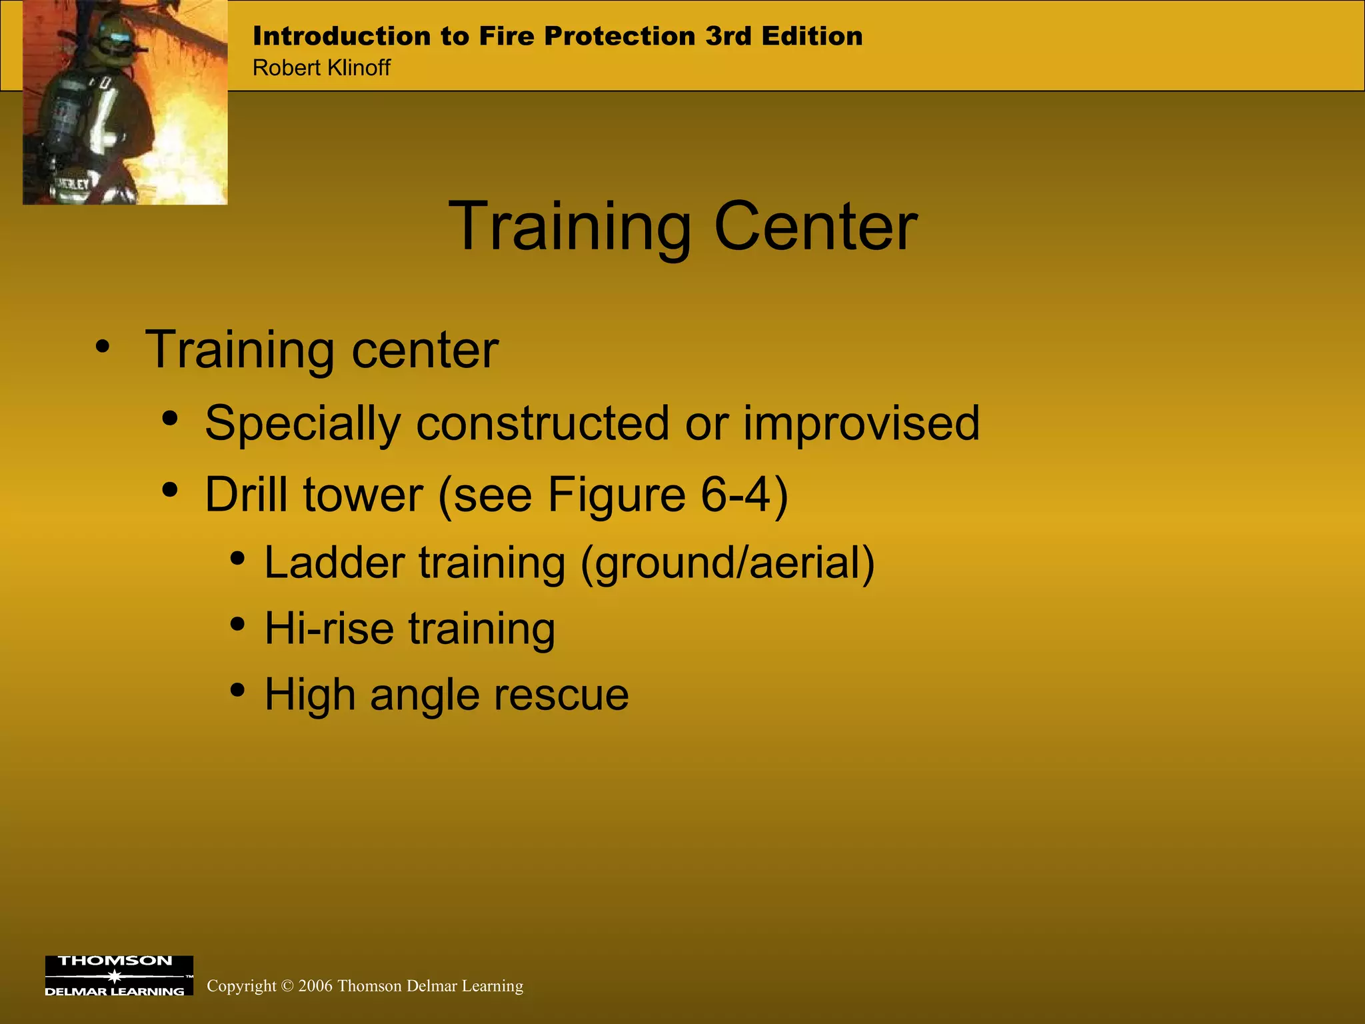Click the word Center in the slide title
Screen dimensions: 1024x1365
(815, 227)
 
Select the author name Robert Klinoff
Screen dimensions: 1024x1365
(321, 67)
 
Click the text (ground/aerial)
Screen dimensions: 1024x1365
(727, 563)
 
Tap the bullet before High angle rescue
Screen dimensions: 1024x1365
(237, 691)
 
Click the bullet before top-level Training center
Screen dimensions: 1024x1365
(102, 346)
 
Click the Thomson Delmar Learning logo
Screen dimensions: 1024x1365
(119, 976)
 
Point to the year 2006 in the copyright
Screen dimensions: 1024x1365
(315, 986)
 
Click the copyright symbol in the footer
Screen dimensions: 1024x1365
(287, 986)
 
